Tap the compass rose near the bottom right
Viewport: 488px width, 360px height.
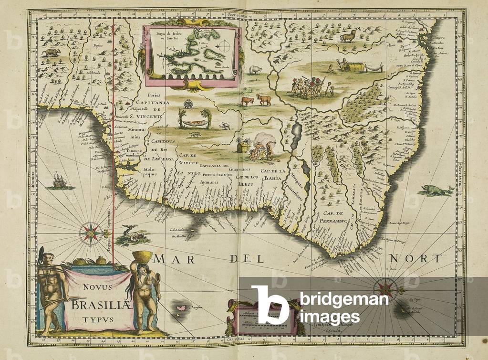tap(384, 288)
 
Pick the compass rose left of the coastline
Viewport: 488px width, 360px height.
tap(90, 232)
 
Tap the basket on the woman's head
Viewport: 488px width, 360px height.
tap(142, 256)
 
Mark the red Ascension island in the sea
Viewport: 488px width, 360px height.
tap(181, 308)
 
